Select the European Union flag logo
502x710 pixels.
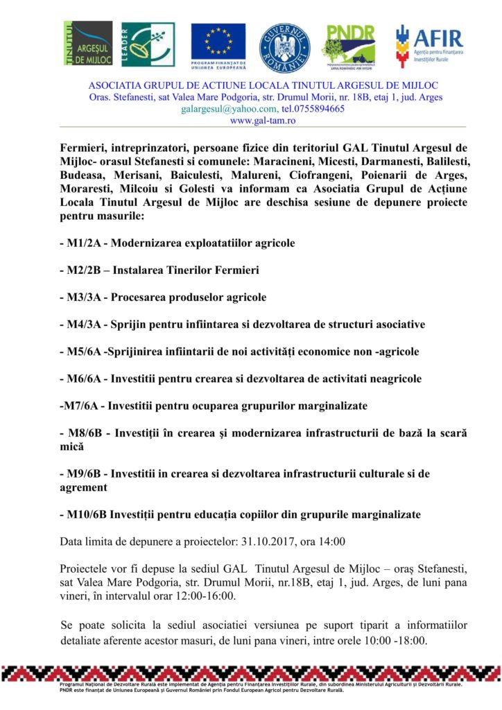(x=218, y=45)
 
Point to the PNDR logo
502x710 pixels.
(x=349, y=45)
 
